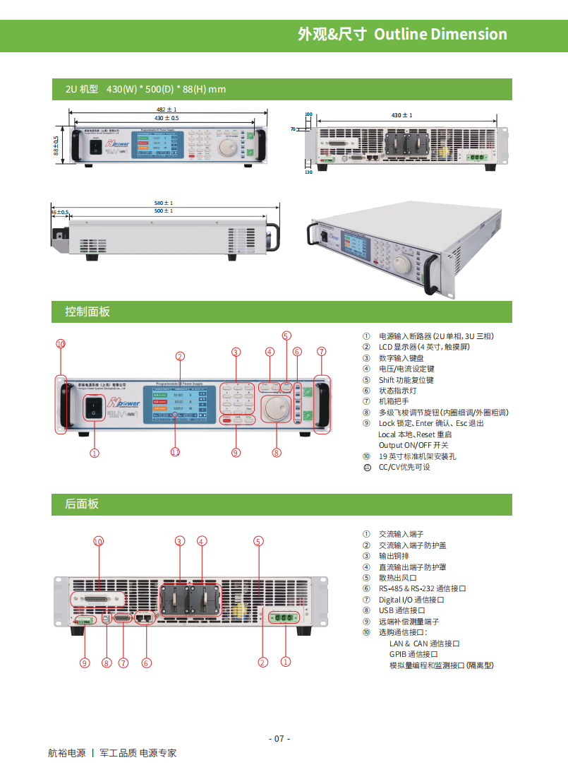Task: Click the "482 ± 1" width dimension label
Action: click(167, 109)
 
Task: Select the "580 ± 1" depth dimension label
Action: click(164, 203)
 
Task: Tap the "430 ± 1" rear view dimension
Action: click(401, 115)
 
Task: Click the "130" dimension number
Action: click(308, 172)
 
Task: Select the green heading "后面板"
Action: click(82, 504)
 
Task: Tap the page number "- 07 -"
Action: click(279, 739)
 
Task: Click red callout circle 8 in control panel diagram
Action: click(277, 453)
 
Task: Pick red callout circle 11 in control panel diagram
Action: click(176, 452)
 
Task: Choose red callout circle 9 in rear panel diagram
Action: click(85, 663)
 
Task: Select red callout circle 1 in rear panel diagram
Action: click(286, 662)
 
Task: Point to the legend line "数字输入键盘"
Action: click(401, 358)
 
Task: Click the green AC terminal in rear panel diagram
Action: click(283, 617)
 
